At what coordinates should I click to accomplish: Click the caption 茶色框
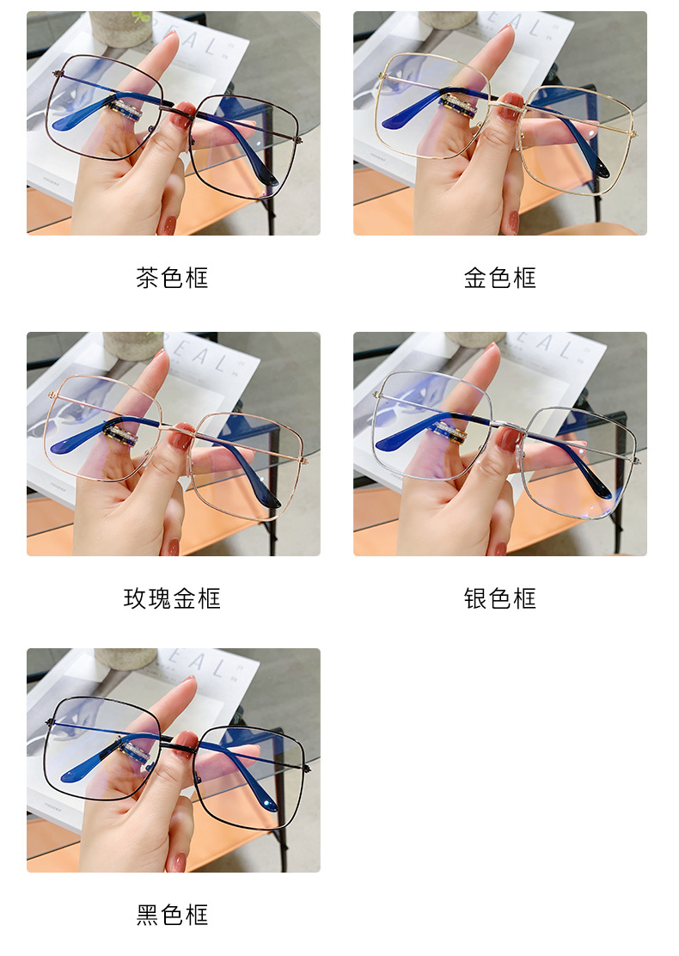click(172, 278)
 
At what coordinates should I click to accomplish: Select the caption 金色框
click(499, 278)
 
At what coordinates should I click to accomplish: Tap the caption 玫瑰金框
click(172, 598)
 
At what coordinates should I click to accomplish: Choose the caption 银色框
click(499, 598)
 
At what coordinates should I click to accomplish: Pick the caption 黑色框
click(172, 915)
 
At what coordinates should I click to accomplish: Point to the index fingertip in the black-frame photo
click(187, 684)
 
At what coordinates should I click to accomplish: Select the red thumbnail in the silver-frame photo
click(508, 438)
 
